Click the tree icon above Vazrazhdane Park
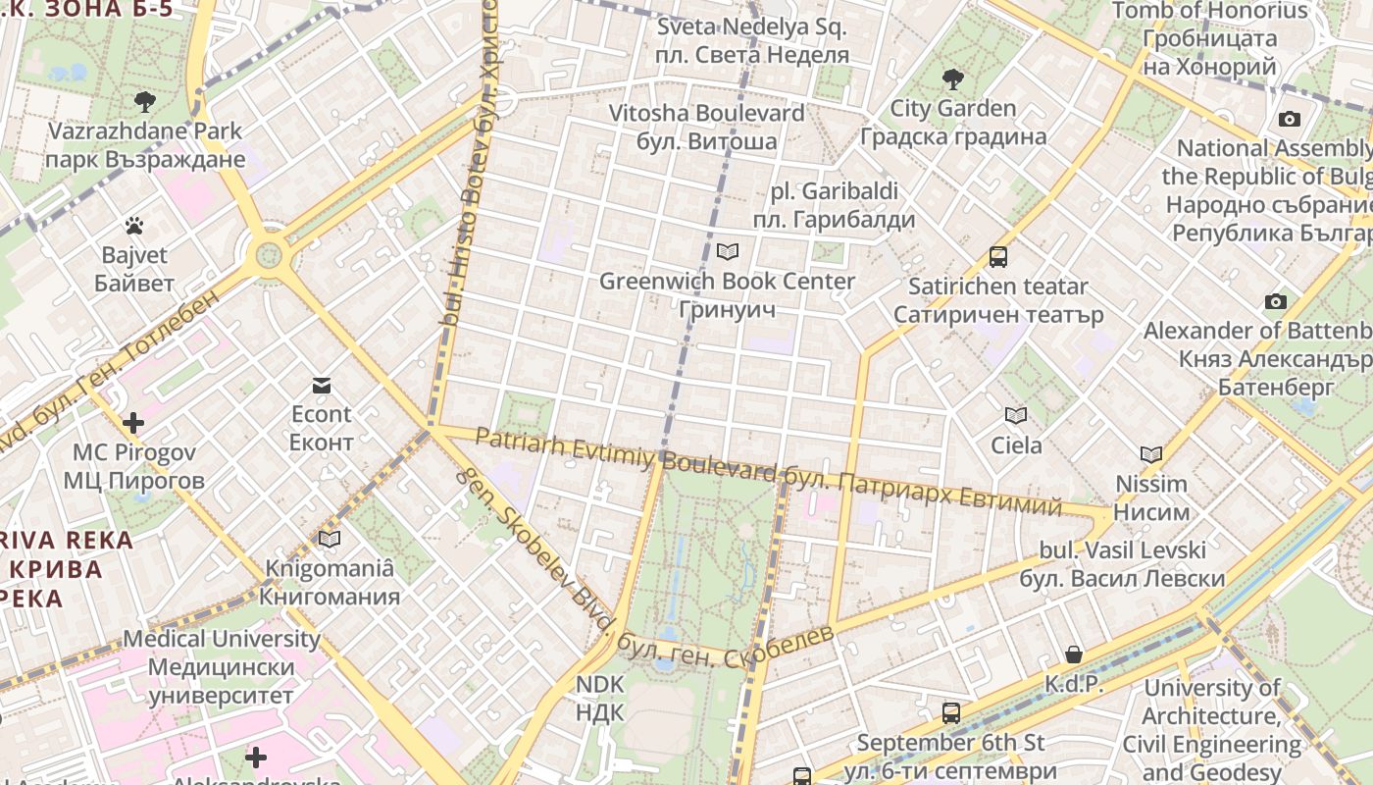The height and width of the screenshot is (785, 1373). tap(145, 101)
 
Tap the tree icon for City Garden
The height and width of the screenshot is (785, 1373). tap(952, 79)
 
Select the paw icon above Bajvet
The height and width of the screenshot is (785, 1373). tap(134, 227)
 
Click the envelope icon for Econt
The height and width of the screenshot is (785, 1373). tap(321, 385)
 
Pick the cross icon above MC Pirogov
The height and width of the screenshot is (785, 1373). tap(133, 424)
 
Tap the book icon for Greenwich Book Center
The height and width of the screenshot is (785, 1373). tap(727, 252)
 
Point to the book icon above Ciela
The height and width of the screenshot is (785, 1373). tap(1016, 416)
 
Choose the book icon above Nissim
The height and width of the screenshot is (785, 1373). tap(1151, 454)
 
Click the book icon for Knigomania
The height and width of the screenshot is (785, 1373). tap(330, 539)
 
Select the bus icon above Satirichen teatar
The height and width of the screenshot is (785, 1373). tap(998, 257)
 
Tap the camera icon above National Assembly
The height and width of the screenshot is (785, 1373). tap(1290, 120)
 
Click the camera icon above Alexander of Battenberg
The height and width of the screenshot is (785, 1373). tap(1275, 301)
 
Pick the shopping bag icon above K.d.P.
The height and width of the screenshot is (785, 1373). tap(1074, 654)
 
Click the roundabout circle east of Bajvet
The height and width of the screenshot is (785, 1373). tap(268, 257)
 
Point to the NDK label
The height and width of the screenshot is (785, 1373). tap(599, 698)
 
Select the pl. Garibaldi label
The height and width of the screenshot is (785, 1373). tap(835, 205)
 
